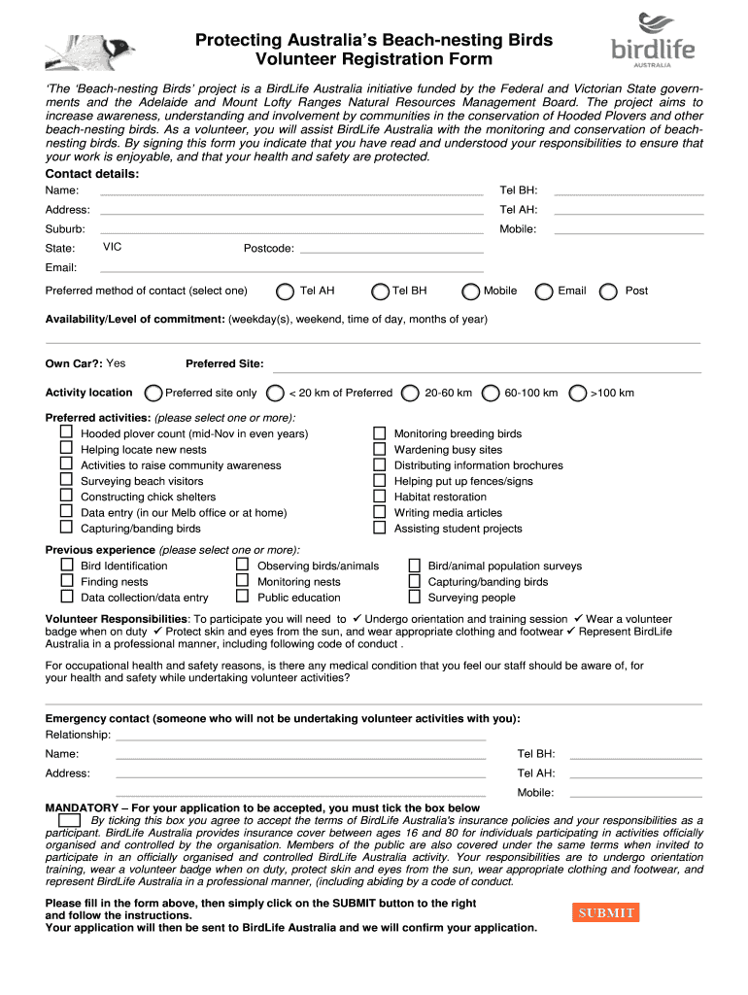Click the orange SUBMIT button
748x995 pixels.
click(606, 912)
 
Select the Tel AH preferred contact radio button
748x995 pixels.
click(286, 292)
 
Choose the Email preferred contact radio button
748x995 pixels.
click(544, 292)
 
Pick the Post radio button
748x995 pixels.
click(609, 292)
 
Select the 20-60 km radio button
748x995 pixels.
click(411, 393)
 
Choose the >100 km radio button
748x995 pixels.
click(578, 393)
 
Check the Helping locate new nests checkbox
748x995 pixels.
click(66, 448)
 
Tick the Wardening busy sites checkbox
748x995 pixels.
click(380, 449)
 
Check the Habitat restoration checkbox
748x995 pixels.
click(380, 496)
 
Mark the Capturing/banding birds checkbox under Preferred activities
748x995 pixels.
click(66, 527)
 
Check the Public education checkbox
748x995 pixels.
click(243, 597)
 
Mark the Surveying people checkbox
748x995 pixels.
click(414, 597)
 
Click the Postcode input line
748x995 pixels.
click(390, 249)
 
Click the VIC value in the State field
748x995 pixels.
click(113, 247)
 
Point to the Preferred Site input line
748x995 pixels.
click(486, 364)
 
